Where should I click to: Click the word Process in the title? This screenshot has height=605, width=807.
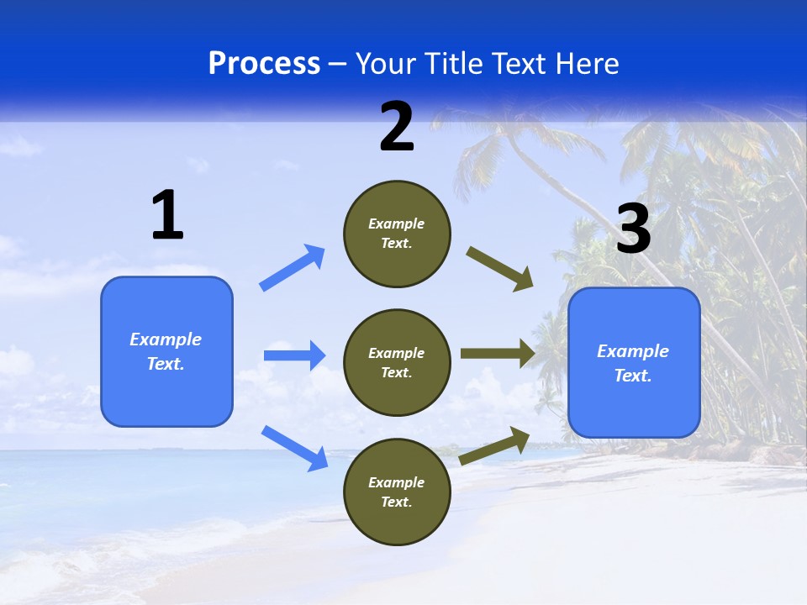(x=264, y=64)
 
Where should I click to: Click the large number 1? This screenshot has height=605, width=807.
(x=167, y=216)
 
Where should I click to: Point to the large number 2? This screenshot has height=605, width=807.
(x=397, y=128)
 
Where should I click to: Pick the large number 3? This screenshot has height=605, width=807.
(x=633, y=229)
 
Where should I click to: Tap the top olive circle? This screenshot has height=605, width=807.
(x=397, y=234)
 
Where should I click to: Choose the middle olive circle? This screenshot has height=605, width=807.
(x=397, y=363)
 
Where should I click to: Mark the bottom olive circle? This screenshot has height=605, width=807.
(x=397, y=492)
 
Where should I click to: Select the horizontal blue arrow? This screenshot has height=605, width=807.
(x=294, y=355)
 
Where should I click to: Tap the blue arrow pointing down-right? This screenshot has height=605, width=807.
(x=294, y=447)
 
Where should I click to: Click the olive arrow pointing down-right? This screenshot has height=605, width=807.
(x=500, y=268)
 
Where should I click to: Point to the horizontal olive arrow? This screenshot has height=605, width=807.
(x=498, y=354)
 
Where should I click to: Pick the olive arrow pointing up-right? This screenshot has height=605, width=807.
(x=495, y=445)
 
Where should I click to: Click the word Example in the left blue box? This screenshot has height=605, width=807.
(x=166, y=339)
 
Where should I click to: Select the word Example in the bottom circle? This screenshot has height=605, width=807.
(x=397, y=482)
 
